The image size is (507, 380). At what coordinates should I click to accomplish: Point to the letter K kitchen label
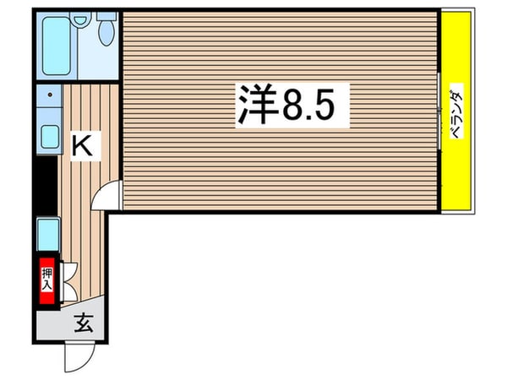pyautogui.click(x=82, y=145)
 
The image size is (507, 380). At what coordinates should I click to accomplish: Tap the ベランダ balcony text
pyautogui.click(x=455, y=114)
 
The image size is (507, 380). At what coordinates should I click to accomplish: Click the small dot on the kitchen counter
pyautogui.click(x=49, y=95)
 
